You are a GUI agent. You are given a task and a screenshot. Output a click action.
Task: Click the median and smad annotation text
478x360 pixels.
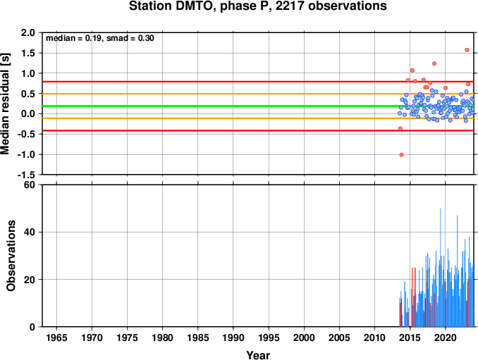[100, 38]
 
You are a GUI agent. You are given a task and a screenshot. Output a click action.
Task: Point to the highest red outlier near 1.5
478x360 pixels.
[467, 50]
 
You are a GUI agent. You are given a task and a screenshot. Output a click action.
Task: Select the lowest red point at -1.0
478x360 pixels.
[401, 155]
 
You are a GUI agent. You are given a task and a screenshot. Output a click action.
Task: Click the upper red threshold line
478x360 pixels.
[258, 82]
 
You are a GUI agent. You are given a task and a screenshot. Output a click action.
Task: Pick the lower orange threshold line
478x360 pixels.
[258, 118]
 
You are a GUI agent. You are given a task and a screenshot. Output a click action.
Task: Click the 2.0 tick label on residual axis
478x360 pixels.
[27, 32]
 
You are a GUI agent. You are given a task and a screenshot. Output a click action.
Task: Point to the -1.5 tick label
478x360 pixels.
[26, 175]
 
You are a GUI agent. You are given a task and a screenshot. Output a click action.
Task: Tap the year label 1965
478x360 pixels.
[56, 337]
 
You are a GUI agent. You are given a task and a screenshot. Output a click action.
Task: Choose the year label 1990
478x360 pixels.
[233, 337]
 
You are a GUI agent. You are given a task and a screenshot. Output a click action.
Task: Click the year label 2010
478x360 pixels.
[374, 337]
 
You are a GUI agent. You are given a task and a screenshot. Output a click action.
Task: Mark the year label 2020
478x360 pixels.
[446, 337]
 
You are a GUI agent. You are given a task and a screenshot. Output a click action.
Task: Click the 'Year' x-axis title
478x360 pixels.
[258, 355]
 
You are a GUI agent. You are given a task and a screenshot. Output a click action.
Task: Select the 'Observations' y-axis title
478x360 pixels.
[11, 256]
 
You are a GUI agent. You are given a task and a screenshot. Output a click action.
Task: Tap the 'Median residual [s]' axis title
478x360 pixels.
[5, 104]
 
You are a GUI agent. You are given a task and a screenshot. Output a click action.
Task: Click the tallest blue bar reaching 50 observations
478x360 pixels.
[440, 268]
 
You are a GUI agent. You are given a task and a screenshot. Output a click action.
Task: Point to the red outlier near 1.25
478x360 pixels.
[434, 63]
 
